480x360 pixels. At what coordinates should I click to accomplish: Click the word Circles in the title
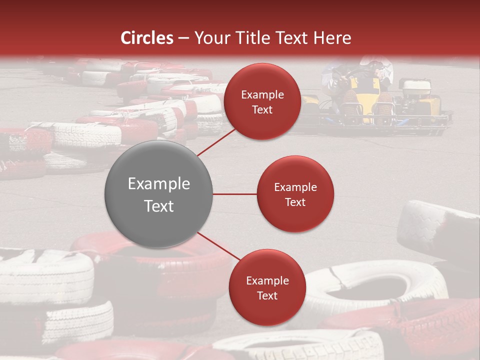coord(147,38)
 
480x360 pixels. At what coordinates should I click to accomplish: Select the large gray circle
coord(158,194)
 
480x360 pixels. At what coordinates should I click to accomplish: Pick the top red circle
coord(262,101)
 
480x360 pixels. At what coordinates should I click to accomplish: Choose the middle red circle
coord(295,194)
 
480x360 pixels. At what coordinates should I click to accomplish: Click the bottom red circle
coord(267,287)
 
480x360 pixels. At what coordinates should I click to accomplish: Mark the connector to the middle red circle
coord(234,194)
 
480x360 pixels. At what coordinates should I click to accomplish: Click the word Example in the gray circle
coord(159,183)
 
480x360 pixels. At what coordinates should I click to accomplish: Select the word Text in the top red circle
coord(262,109)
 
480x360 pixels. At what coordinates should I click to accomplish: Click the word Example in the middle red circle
coord(295,187)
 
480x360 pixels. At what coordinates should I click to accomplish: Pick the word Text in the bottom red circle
coord(267,295)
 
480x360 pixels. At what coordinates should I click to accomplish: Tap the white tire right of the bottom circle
coord(380,285)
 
